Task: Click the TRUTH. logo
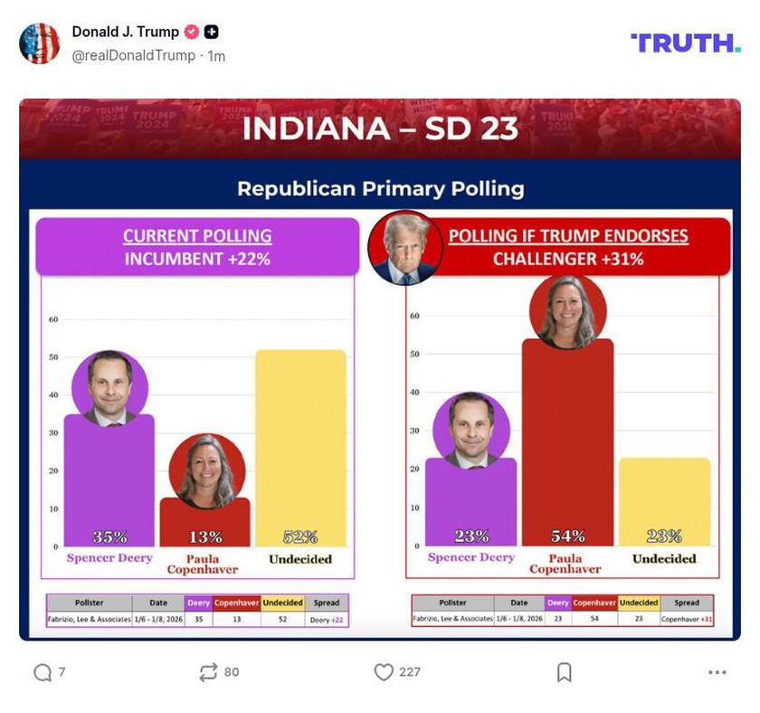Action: (x=685, y=43)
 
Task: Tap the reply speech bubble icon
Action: (x=42, y=672)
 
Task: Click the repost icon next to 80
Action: (x=208, y=672)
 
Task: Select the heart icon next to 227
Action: (x=384, y=672)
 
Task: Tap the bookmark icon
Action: (x=564, y=672)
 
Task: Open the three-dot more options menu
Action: (x=717, y=672)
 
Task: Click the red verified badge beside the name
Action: (x=191, y=32)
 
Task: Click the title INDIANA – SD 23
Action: (x=380, y=128)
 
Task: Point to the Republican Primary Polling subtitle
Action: (x=380, y=188)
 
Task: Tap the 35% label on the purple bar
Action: (x=109, y=537)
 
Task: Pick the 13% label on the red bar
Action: (x=204, y=537)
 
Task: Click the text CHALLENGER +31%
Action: (x=568, y=259)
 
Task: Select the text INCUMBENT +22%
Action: (x=197, y=259)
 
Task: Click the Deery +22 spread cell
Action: (x=327, y=620)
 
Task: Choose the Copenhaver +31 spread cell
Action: (x=687, y=620)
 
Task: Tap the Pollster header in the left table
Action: (x=89, y=603)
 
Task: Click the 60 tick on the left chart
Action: (x=53, y=319)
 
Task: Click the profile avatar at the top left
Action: (x=40, y=43)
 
